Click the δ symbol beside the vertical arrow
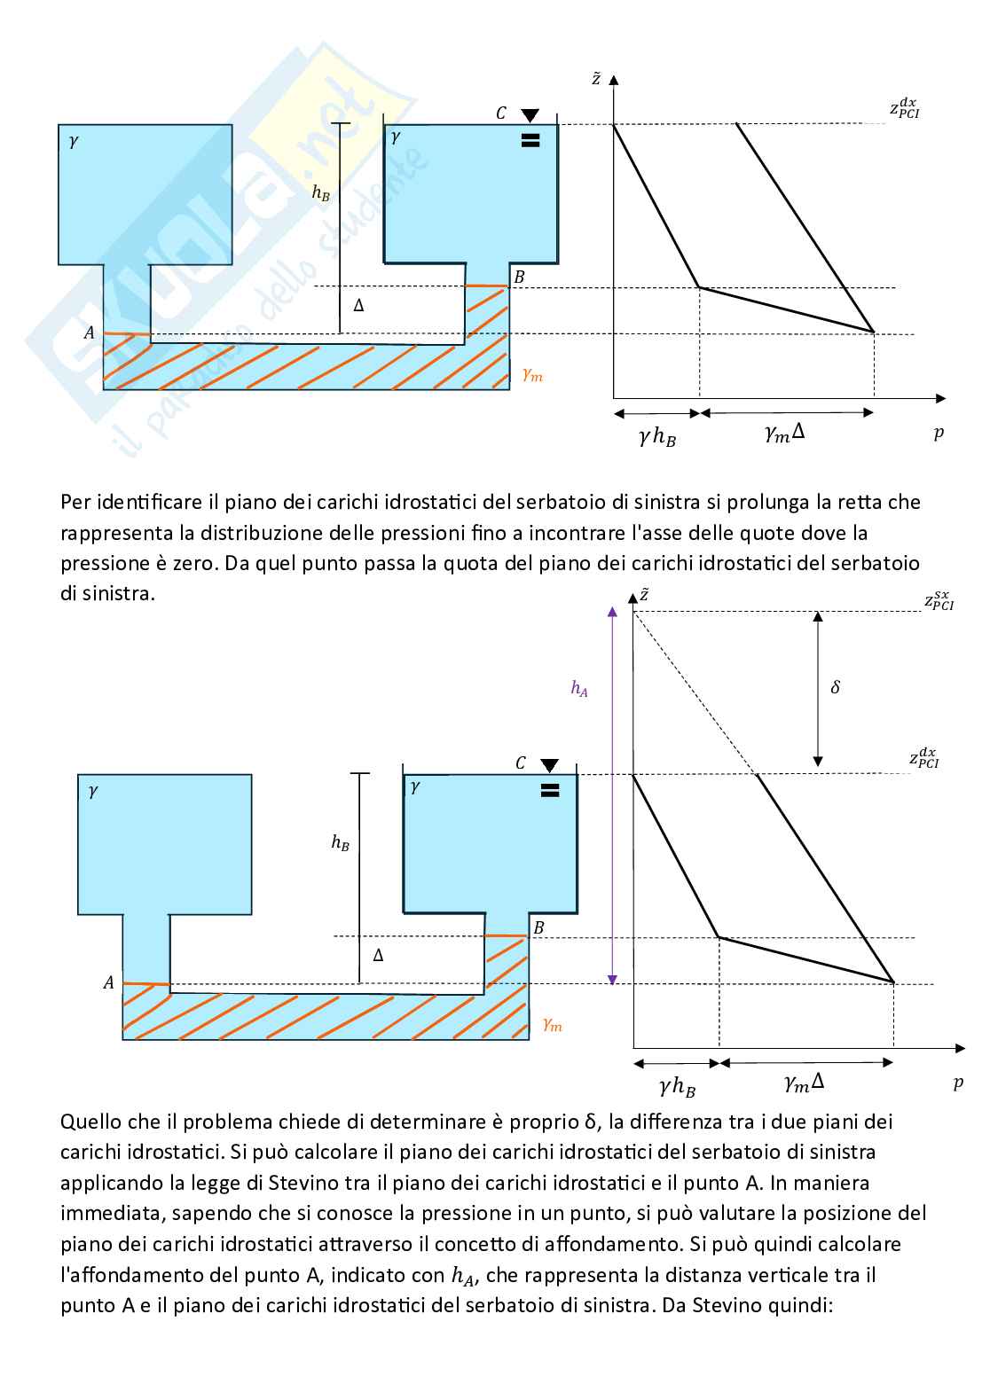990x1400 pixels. (835, 687)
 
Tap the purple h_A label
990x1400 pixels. (579, 689)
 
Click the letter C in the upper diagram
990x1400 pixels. (501, 113)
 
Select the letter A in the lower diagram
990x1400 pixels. (108, 982)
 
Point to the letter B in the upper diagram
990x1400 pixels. (519, 277)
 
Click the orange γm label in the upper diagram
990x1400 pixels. (532, 375)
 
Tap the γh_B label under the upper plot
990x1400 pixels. (657, 436)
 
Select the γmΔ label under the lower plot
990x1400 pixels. (805, 1083)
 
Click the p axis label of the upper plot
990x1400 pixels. (939, 434)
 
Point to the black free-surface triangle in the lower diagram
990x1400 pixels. (550, 765)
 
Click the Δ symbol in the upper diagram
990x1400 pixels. (358, 305)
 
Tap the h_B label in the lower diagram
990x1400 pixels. (340, 842)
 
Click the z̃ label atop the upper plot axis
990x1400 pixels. (596, 79)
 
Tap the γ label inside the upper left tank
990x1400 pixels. (74, 140)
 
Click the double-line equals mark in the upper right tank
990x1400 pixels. (530, 140)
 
